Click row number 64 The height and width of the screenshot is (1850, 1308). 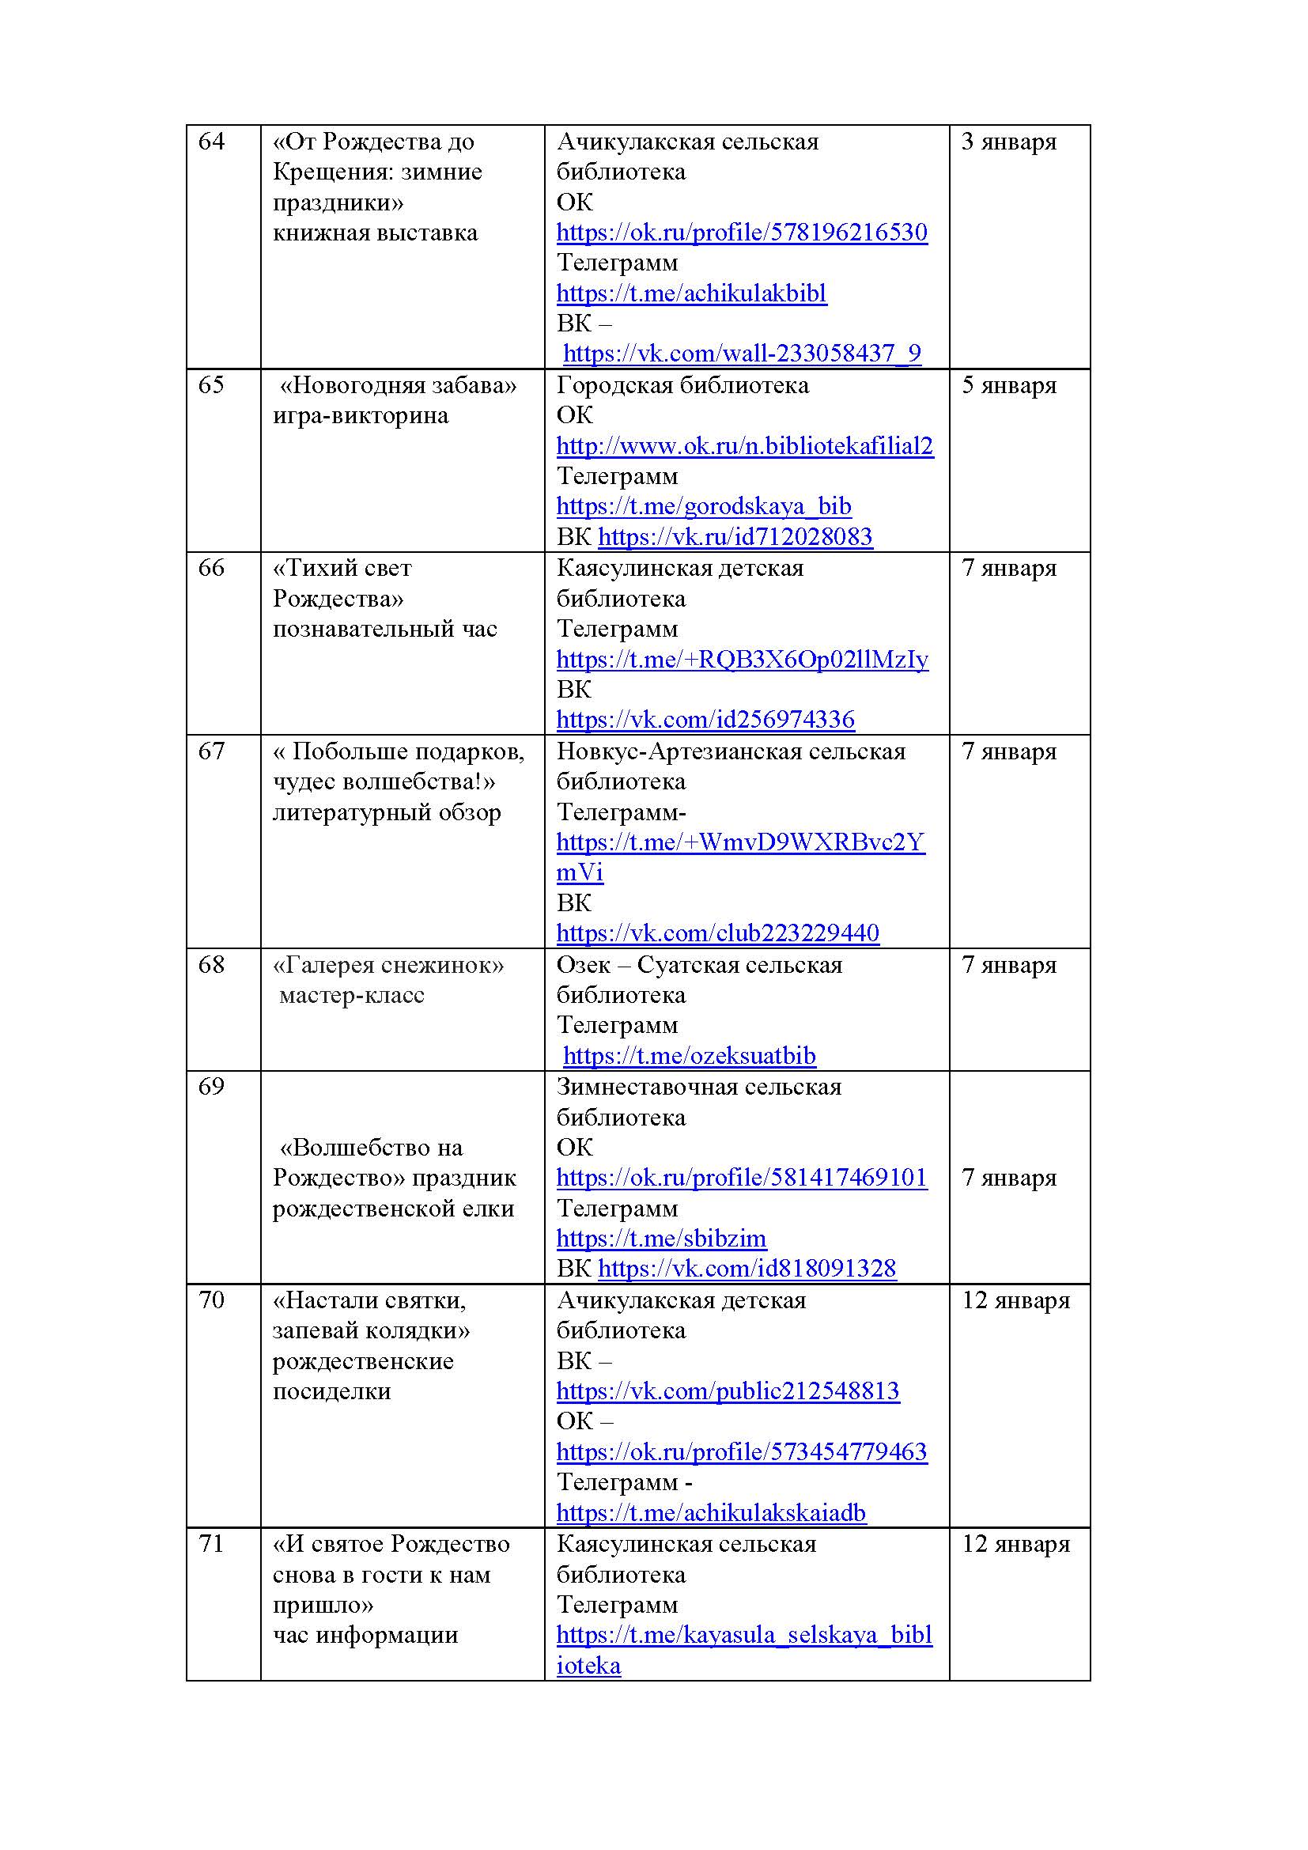pyautogui.click(x=211, y=142)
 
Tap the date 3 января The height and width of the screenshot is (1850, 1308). pyautogui.click(x=1008, y=142)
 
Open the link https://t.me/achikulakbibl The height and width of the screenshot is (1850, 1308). pyautogui.click(x=691, y=293)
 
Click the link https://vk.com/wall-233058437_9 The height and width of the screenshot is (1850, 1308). pyautogui.click(x=741, y=354)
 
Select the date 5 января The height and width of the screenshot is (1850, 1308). pyautogui.click(x=1008, y=385)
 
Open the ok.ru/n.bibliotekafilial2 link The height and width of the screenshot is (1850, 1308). pyautogui.click(x=744, y=446)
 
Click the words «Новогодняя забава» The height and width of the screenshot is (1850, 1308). pyautogui.click(x=398, y=385)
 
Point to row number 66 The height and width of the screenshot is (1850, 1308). pyautogui.click(x=211, y=568)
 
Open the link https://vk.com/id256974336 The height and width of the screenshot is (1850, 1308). pyautogui.click(x=705, y=720)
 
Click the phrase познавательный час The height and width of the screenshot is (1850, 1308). pyautogui.click(x=385, y=630)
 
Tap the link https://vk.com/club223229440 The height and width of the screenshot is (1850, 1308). pyautogui.click(x=716, y=933)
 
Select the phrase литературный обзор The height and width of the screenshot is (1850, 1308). pyautogui.click(x=387, y=812)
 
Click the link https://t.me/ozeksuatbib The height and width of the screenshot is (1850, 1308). pyautogui.click(x=689, y=1056)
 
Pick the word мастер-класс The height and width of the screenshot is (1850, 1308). pyautogui.click(x=351, y=996)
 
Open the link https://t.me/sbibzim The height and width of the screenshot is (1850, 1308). pyautogui.click(x=661, y=1239)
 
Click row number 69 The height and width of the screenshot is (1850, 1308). pyautogui.click(x=211, y=1087)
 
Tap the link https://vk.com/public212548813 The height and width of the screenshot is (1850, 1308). pyautogui.click(x=728, y=1391)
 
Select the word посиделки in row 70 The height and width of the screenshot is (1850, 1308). pyautogui.click(x=331, y=1391)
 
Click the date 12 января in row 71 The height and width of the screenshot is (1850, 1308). pyautogui.click(x=1015, y=1545)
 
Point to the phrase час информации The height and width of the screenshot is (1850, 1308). pyautogui.click(x=365, y=1635)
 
